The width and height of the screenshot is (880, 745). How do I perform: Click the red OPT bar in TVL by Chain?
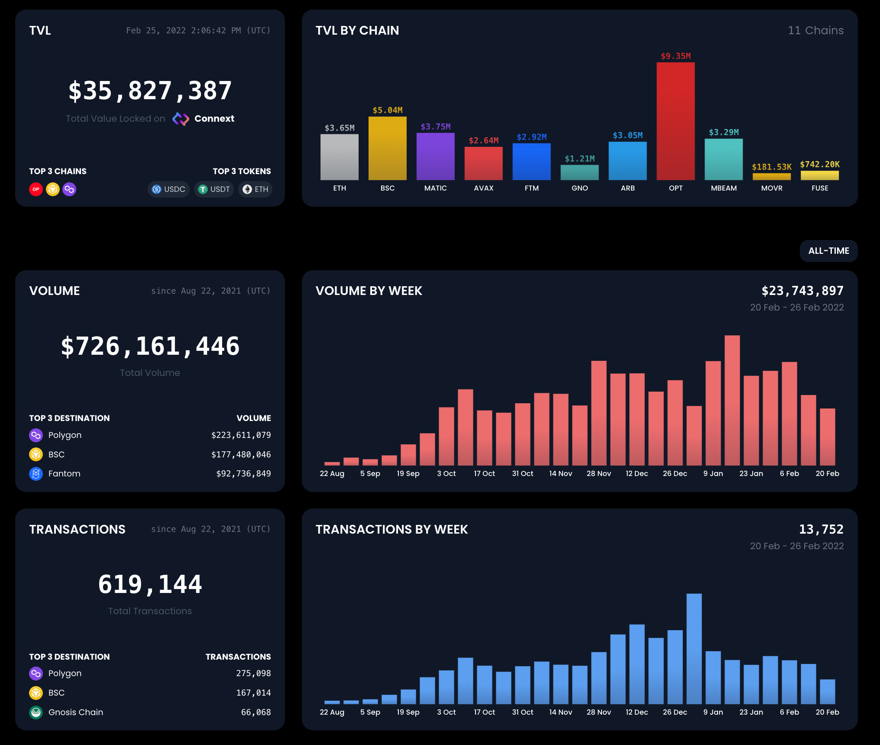[x=676, y=121]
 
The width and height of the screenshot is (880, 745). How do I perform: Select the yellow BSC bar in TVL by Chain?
[x=387, y=148]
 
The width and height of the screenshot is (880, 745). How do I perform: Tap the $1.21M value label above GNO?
[x=579, y=159]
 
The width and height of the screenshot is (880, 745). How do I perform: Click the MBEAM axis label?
[x=724, y=188]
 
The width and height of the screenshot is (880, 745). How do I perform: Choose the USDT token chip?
[x=214, y=189]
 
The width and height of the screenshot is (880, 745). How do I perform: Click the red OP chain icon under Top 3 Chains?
[x=36, y=189]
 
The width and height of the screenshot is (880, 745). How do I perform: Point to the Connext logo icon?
[x=181, y=119]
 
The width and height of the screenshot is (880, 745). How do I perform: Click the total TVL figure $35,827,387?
[x=150, y=91]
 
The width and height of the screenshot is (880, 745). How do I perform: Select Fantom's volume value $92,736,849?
[x=243, y=473]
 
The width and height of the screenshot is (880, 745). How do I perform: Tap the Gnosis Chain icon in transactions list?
[x=36, y=712]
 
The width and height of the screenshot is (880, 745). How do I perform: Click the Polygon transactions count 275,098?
[x=253, y=673]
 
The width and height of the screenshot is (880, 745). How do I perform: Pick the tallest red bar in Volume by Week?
[x=732, y=400]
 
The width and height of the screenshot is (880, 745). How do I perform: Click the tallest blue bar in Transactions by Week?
[x=694, y=648]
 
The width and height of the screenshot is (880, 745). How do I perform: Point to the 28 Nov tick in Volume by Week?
[x=599, y=473]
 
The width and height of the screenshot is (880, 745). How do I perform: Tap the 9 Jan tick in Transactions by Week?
[x=713, y=712]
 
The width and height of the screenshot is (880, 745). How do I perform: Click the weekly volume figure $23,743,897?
[x=802, y=291]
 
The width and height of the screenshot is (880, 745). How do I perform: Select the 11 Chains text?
[x=815, y=30]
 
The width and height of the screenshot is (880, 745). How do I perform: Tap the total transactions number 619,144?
[x=150, y=584]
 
